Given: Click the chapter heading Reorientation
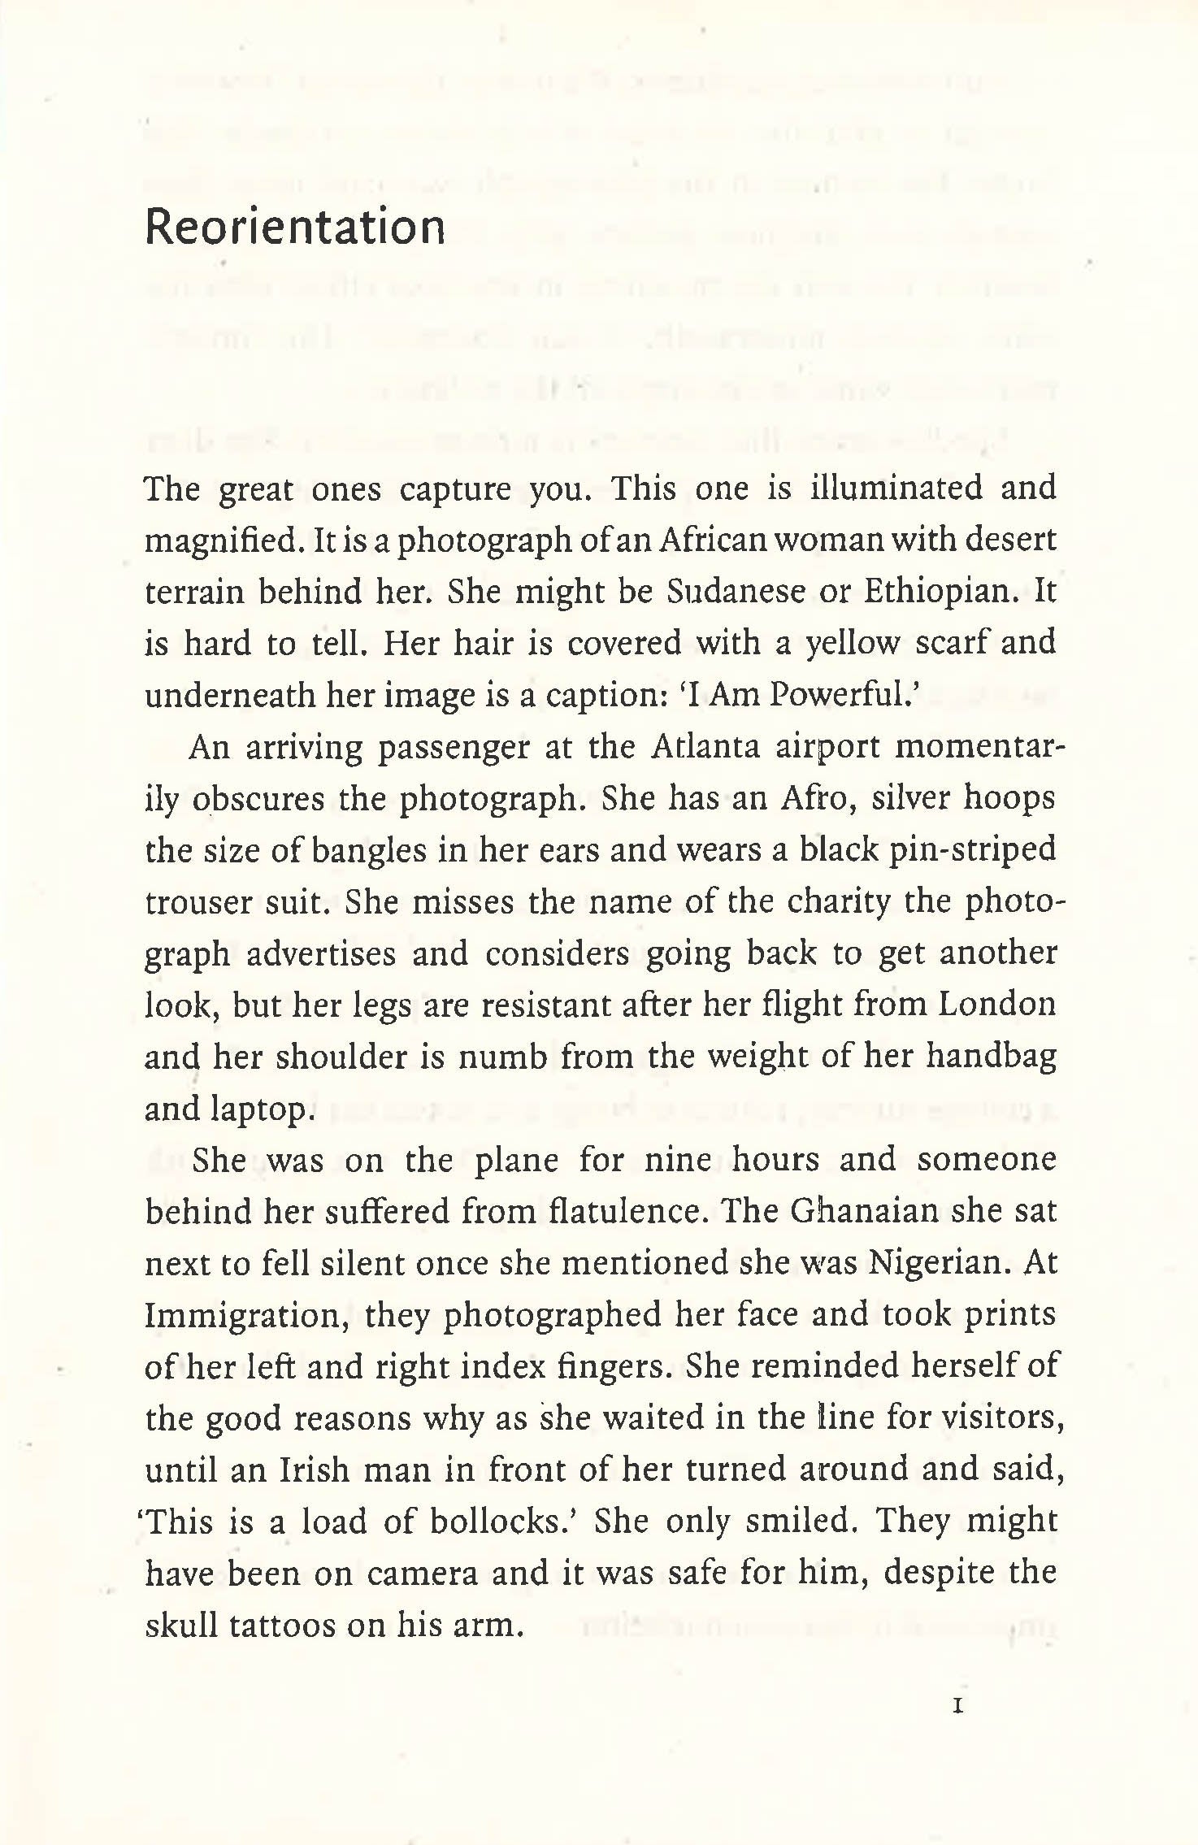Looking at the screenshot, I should [x=295, y=228].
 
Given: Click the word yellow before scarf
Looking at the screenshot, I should [x=852, y=643].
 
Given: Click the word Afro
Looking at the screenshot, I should [x=815, y=799].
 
